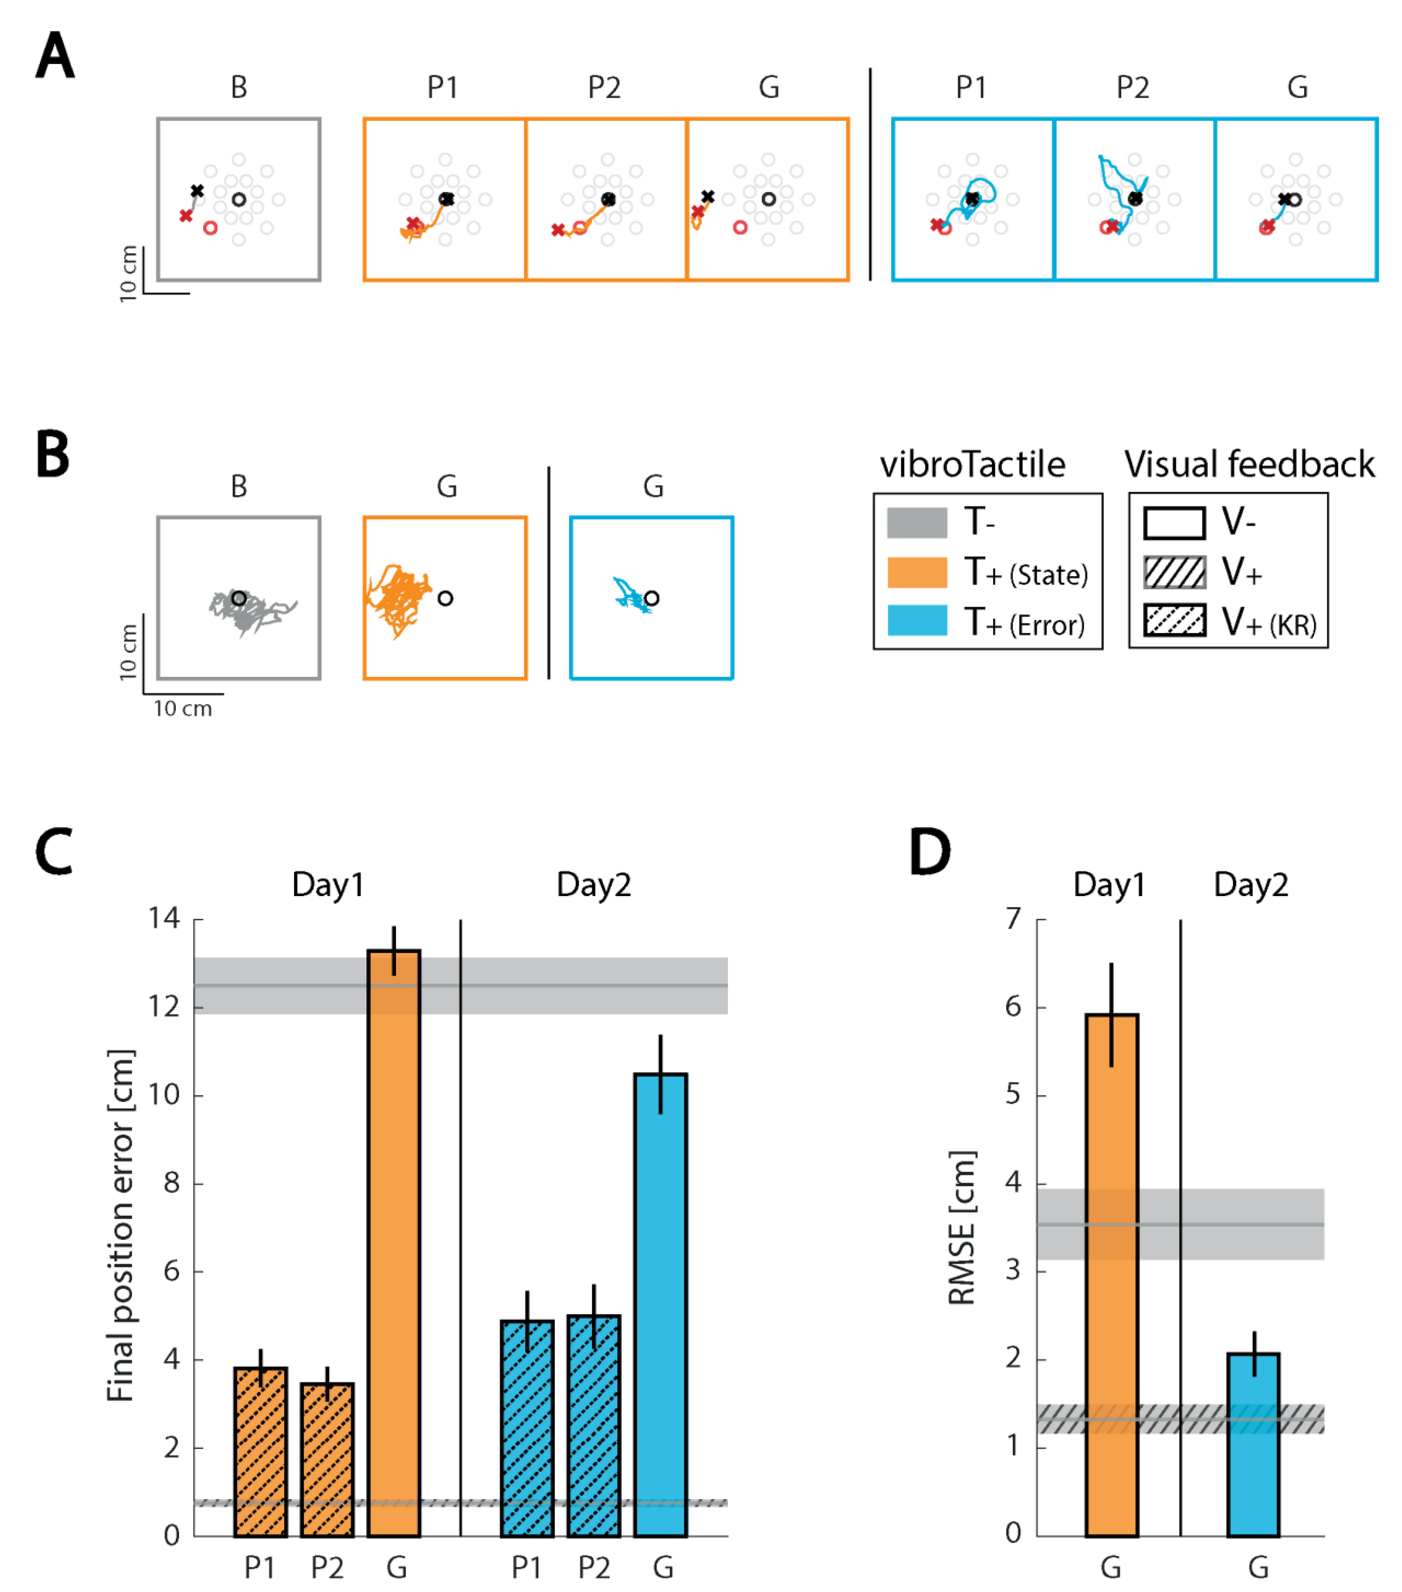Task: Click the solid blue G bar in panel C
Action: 660,1309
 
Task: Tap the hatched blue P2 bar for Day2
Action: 594,1429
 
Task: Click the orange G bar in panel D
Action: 1112,1277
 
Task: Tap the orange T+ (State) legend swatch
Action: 917,573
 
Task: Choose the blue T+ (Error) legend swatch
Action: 917,621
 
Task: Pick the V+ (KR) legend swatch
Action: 1174,621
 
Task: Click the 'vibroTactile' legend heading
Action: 972,465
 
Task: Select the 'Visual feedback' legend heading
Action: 1248,465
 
